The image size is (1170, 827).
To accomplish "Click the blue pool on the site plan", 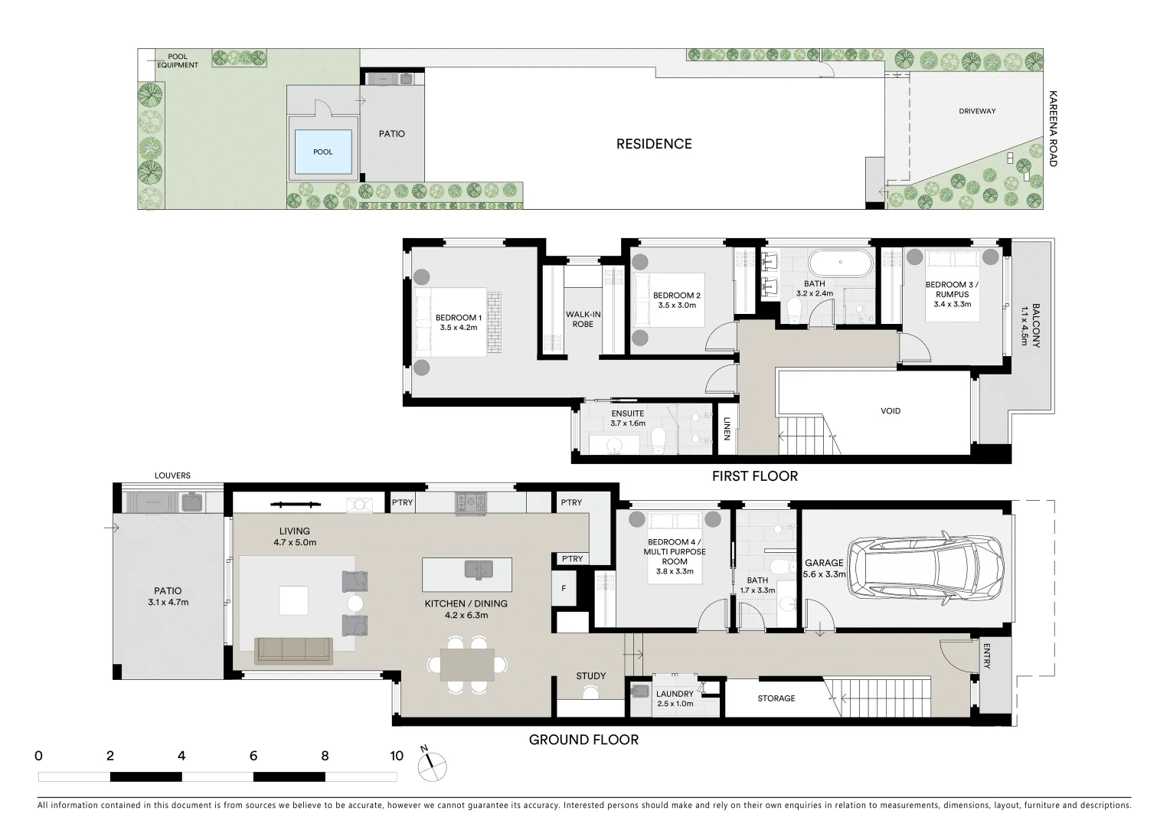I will [322, 151].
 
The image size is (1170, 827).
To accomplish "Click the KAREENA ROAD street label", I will [1053, 129].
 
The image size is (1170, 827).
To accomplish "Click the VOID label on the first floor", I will [891, 411].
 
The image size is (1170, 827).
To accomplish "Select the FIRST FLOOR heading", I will [754, 476].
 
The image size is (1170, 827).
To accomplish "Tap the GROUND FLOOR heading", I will [583, 740].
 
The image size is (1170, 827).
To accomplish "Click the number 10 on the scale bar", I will [396, 757].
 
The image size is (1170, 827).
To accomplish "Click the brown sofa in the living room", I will [293, 650].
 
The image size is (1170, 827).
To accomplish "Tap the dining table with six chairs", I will [467, 664].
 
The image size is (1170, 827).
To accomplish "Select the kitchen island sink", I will [479, 569].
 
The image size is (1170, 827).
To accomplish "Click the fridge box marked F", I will [564, 589].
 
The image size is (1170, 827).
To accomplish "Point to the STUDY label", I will [590, 676].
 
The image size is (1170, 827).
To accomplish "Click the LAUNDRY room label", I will [675, 695].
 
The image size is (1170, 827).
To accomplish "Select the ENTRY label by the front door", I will [986, 656].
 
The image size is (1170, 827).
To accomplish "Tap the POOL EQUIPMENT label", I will [178, 60].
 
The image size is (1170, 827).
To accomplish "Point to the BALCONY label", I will [1035, 325].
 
